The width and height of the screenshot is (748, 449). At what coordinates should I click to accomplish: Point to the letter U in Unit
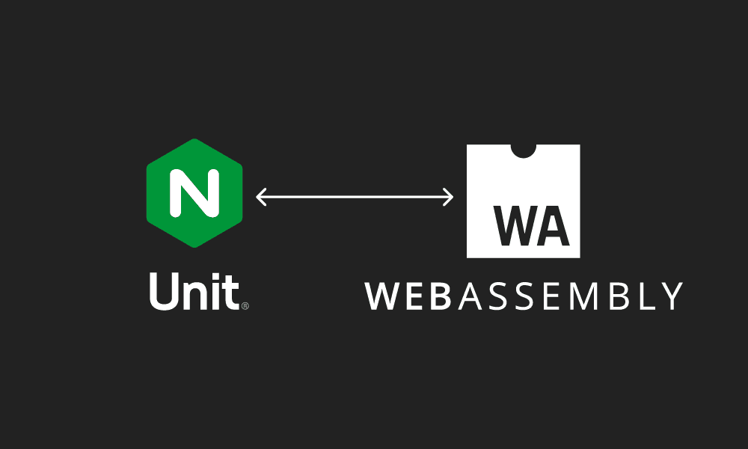162,291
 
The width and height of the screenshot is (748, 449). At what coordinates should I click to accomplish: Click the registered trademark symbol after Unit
245,305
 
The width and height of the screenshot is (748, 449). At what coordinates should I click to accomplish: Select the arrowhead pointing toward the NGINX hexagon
260,198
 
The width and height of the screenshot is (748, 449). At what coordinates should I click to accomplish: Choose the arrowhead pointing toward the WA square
449,198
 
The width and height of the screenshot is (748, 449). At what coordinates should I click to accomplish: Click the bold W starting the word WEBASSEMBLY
381,296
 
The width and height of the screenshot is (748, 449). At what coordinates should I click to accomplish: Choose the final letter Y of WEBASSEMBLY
670,296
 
